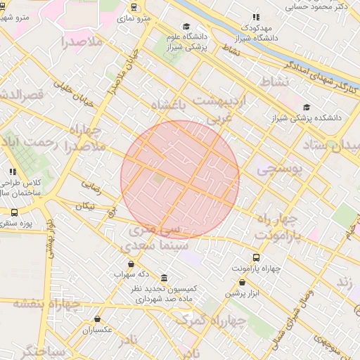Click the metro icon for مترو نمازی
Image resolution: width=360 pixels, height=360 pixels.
point(134,7)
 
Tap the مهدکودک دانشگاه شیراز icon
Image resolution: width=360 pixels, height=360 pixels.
point(256,17)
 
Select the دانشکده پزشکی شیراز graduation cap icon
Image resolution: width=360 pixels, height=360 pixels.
point(306,107)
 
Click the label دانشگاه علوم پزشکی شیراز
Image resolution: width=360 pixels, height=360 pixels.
point(185,42)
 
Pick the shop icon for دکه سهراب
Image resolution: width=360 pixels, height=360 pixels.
point(131,264)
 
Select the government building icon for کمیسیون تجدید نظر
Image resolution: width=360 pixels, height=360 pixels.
point(164,278)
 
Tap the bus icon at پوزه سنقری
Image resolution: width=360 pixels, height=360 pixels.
point(15,212)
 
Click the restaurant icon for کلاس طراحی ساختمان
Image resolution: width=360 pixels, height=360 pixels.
point(12,171)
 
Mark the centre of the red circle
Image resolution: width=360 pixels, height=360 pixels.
point(180,179)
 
